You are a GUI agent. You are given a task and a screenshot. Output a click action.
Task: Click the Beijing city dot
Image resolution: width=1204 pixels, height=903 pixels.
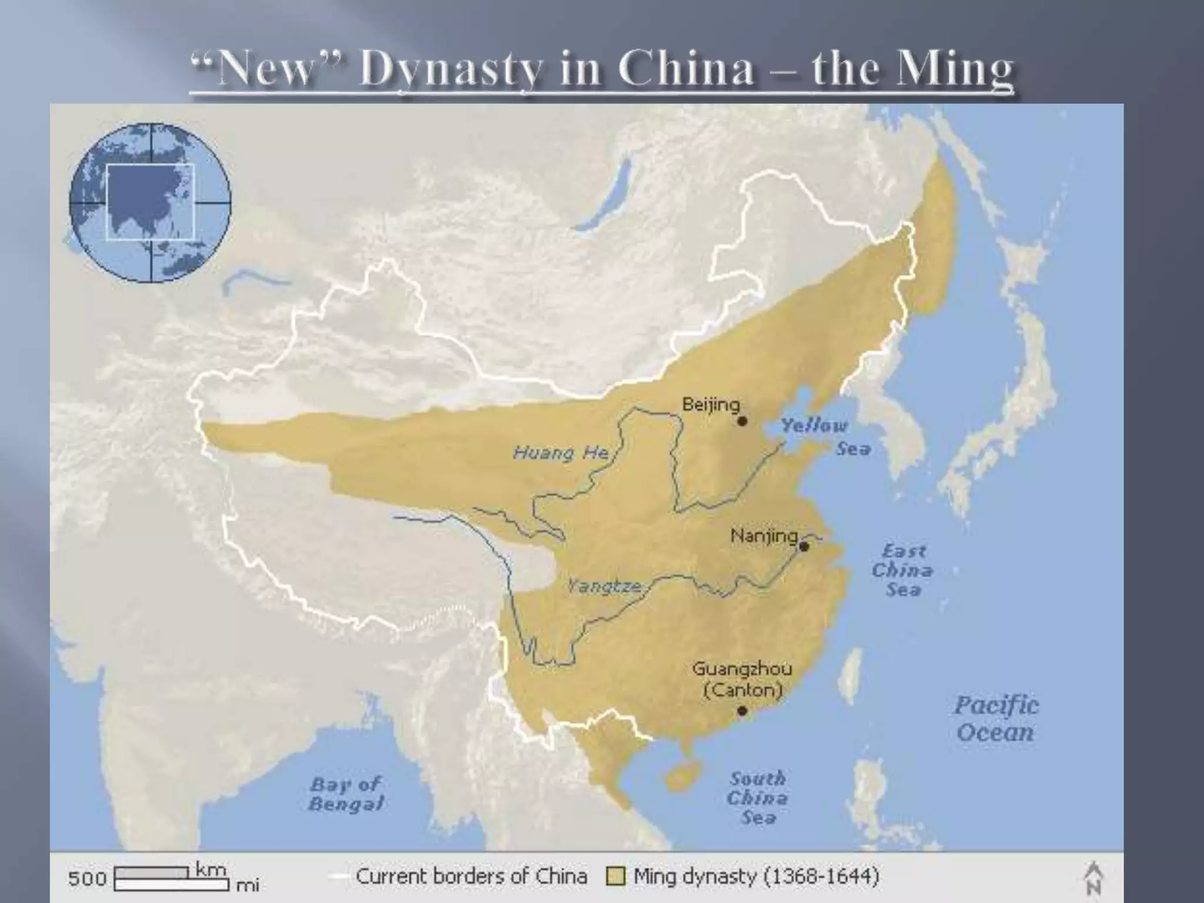coord(742,421)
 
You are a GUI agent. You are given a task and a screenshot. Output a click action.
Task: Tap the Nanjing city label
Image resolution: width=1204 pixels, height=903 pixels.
coord(764,536)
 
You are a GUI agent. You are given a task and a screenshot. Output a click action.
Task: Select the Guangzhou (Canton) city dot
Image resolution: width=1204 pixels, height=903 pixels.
coord(742,711)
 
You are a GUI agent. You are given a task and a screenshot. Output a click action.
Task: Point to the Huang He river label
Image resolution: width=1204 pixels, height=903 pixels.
coord(560,453)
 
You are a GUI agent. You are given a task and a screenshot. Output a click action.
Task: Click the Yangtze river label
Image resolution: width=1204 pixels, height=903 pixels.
coord(604,586)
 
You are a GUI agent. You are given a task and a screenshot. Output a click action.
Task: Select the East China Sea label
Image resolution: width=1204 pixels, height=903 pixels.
coord(902,570)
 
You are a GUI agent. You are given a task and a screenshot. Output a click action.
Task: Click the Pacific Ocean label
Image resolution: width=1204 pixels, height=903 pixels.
coord(996,718)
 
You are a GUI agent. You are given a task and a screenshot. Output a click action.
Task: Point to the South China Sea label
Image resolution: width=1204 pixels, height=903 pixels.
coord(757,797)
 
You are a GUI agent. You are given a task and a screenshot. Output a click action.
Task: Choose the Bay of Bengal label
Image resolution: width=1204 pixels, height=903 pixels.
coord(346,794)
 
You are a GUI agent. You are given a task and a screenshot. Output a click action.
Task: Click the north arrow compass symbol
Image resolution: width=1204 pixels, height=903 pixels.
coord(1093,878)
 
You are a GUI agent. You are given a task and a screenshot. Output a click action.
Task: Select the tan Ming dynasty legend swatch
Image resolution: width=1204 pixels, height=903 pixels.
coord(616,877)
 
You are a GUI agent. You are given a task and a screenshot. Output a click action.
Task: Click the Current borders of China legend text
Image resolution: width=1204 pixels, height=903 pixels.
coord(471,876)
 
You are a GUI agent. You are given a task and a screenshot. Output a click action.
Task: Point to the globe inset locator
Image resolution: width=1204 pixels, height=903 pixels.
coord(150,202)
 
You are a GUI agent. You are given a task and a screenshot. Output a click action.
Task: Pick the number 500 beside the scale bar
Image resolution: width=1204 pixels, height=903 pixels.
coord(87,878)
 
